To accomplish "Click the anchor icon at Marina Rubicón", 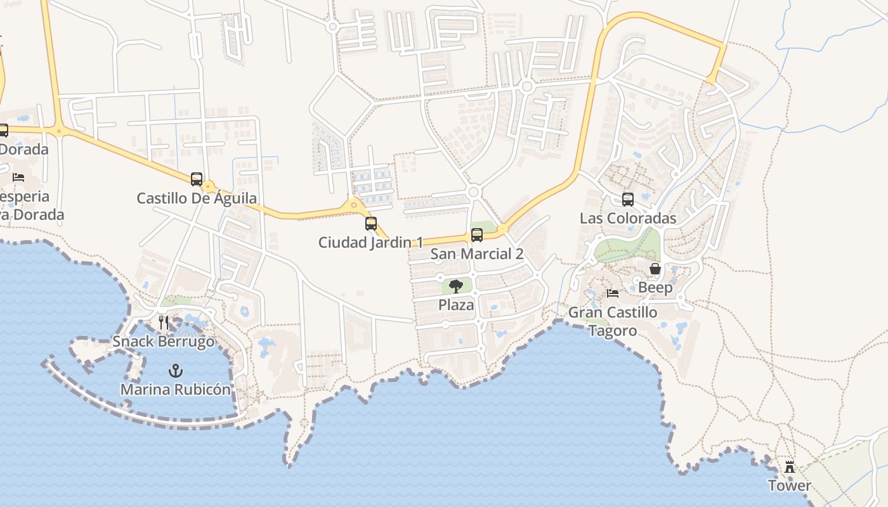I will tap(175, 371).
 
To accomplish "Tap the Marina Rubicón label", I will tap(175, 389).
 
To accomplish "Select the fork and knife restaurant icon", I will tap(164, 323).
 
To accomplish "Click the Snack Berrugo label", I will tap(164, 342).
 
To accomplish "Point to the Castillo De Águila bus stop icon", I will tap(197, 179).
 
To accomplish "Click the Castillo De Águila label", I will tap(197, 198).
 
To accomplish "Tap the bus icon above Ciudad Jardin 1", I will tap(371, 224).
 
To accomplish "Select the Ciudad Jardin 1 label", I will tap(371, 242).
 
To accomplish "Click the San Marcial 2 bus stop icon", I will tap(477, 235).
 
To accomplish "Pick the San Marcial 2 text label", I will tap(477, 254).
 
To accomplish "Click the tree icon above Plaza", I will tap(456, 286).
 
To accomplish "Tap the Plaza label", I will tap(456, 305).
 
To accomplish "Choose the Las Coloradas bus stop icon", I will tap(628, 200).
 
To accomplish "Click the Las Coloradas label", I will tap(628, 218).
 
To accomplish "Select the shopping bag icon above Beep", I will tap(655, 269).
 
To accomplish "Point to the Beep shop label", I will tap(655, 288).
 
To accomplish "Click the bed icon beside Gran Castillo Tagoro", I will tap(613, 293).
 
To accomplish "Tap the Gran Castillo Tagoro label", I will tap(613, 321).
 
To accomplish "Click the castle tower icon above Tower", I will tap(790, 467).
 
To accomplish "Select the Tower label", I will tap(790, 486).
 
